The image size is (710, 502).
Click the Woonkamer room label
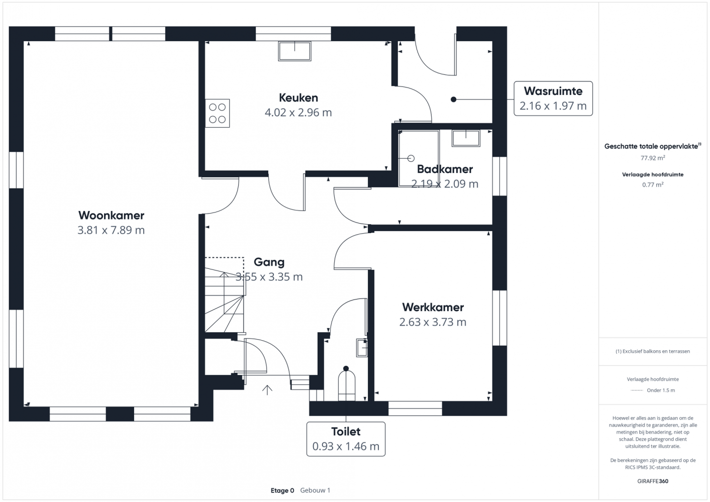(111, 216)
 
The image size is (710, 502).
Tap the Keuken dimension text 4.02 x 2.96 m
(298, 113)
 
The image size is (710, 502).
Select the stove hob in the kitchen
(218, 113)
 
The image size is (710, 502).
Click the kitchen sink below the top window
(294, 51)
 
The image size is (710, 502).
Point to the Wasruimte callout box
(553, 98)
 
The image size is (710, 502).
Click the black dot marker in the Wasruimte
(454, 99)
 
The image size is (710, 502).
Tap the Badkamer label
(445, 169)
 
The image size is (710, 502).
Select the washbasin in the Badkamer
(466, 138)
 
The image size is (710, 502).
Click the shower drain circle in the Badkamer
(411, 158)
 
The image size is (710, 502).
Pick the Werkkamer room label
(433, 307)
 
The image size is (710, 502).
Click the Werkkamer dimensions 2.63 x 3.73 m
(433, 322)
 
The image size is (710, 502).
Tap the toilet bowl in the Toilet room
(346, 385)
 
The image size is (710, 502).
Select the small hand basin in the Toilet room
(362, 348)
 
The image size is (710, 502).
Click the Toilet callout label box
(346, 439)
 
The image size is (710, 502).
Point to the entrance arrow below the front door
(267, 390)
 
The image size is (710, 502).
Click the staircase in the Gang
(225, 295)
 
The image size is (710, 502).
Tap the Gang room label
(269, 262)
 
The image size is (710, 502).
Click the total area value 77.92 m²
(653, 157)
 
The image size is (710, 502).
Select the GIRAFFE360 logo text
(653, 481)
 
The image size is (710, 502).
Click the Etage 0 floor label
(282, 490)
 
